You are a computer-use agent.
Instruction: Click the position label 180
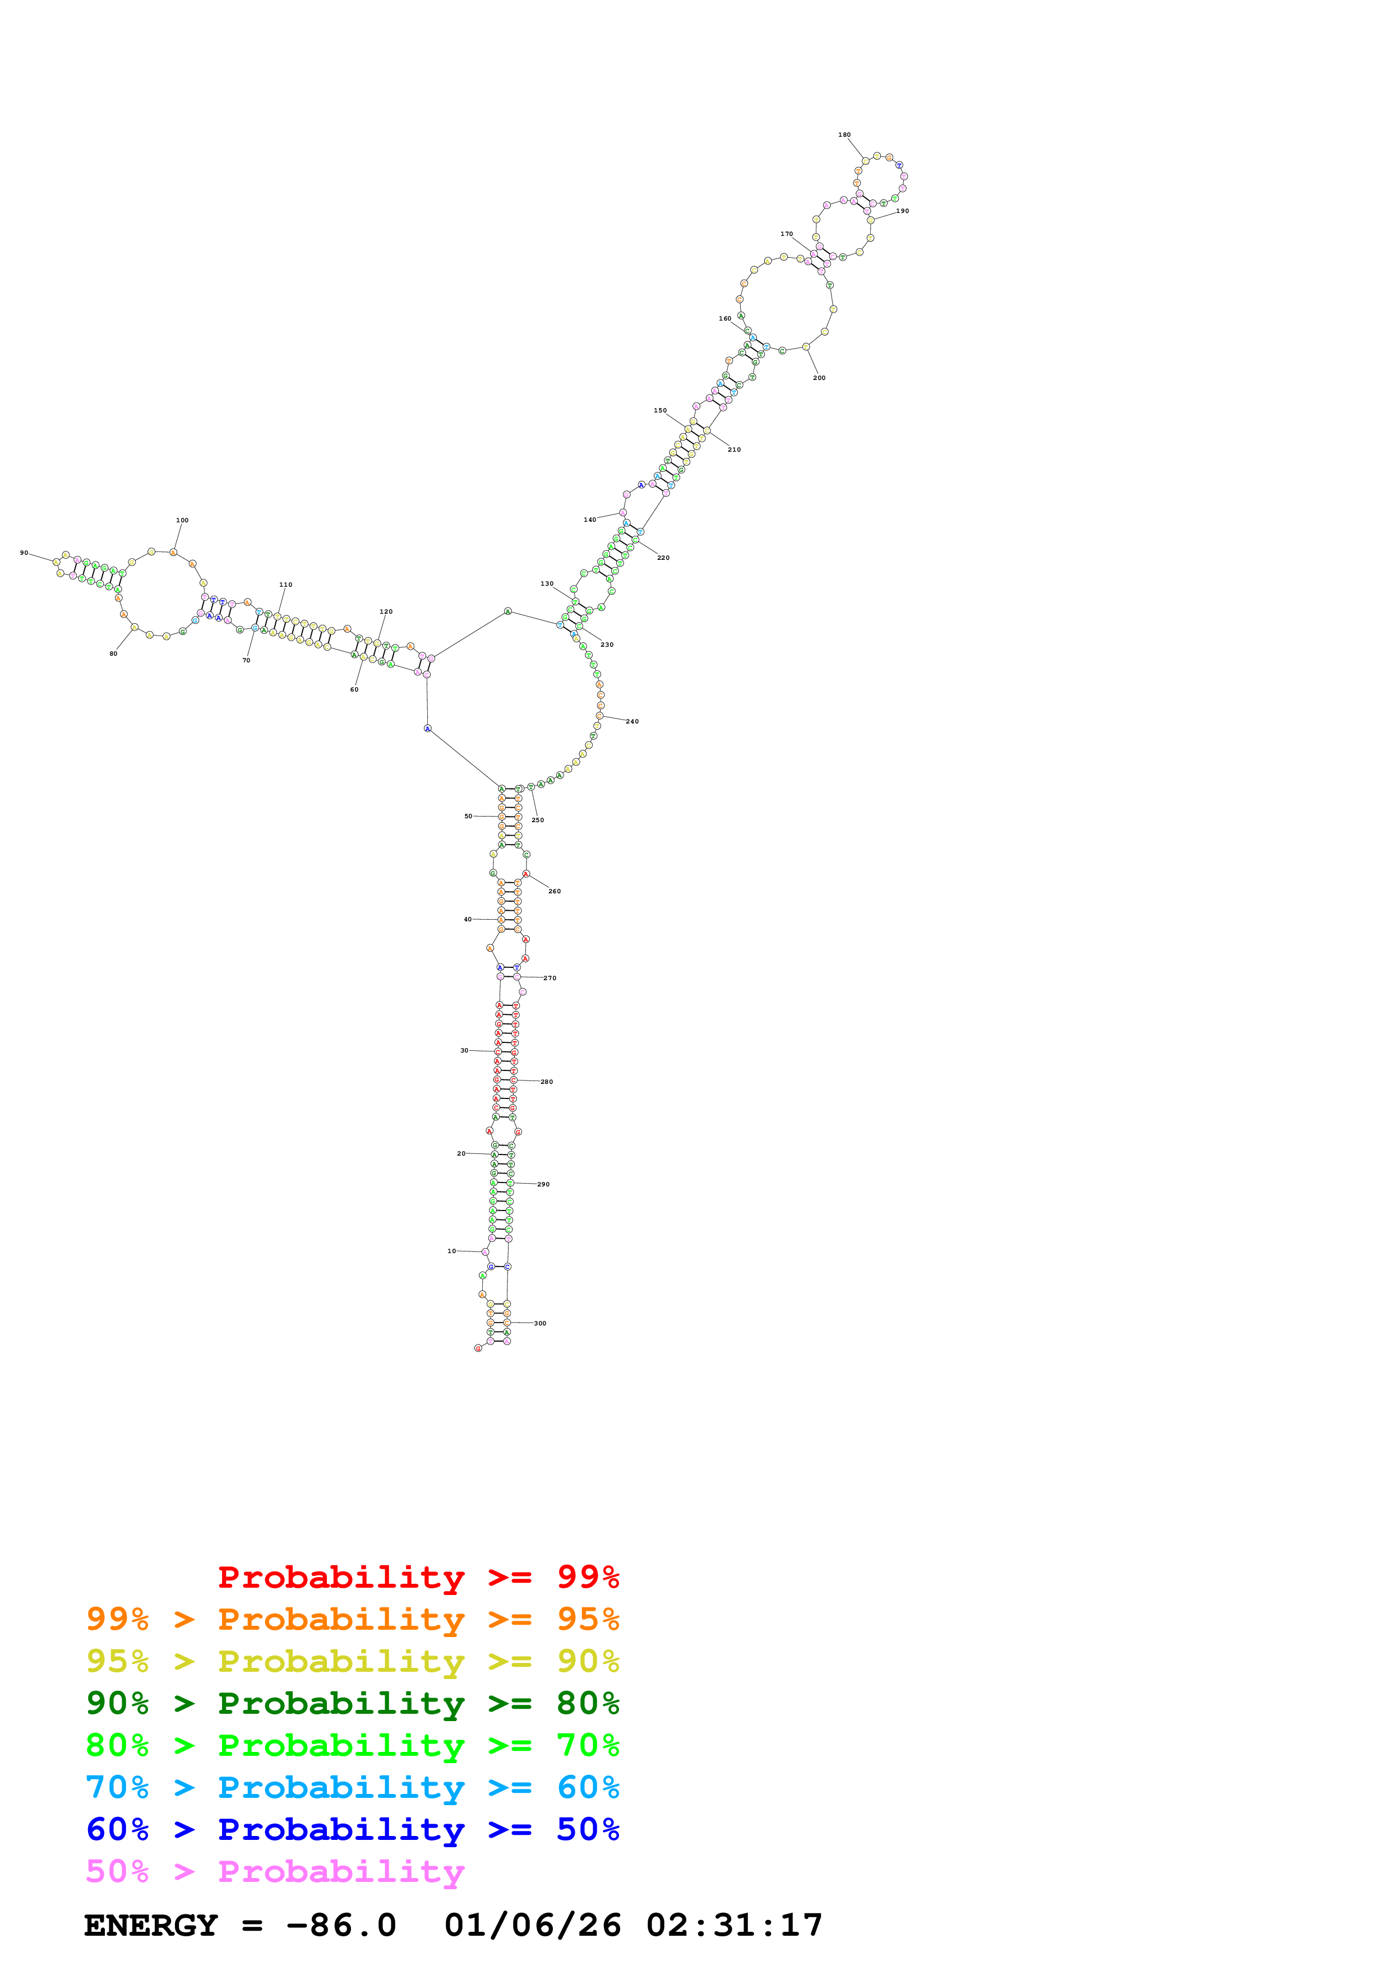[x=844, y=135]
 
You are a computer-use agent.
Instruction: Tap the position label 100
[x=182, y=520]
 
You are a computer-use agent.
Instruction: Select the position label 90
[x=24, y=552]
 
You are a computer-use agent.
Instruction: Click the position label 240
[x=632, y=721]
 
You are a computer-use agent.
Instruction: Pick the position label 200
[x=819, y=378]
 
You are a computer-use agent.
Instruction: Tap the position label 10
[x=451, y=1251]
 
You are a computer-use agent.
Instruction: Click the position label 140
[x=589, y=520]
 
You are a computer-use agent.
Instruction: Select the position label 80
[x=113, y=653]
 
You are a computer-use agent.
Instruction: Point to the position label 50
[x=468, y=816]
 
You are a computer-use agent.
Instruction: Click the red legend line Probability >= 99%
[x=418, y=1577]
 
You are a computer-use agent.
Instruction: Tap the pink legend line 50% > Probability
[x=274, y=1872]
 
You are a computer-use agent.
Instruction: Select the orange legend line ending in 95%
[x=352, y=1619]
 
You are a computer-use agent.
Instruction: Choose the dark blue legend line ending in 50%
[x=352, y=1830]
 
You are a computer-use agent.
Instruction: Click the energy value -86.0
[x=341, y=1926]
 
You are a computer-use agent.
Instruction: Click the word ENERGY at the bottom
[x=151, y=1926]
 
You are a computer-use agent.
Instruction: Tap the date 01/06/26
[x=532, y=1926]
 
